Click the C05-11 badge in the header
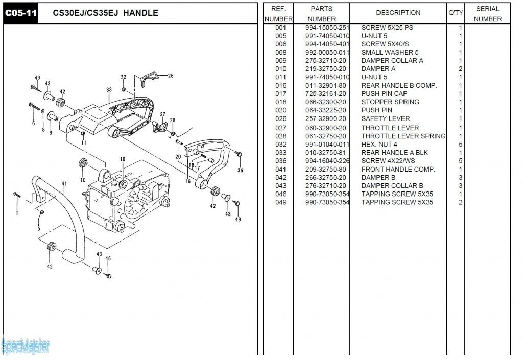click(21, 13)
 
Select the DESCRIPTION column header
click(398, 13)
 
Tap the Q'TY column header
click(456, 13)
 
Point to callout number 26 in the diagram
click(171, 76)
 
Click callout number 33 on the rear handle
click(109, 90)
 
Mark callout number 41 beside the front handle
click(64, 184)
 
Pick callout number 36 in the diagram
click(240, 171)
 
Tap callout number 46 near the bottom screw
click(108, 259)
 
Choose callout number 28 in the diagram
click(173, 121)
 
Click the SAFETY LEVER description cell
click(386, 119)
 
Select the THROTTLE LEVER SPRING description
click(403, 136)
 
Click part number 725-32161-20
click(325, 94)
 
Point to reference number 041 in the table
click(280, 170)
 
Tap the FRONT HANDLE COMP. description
click(398, 170)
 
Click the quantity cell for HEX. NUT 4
click(460, 145)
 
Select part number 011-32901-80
click(325, 86)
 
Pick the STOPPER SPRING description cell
click(390, 102)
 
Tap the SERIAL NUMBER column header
click(487, 14)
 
